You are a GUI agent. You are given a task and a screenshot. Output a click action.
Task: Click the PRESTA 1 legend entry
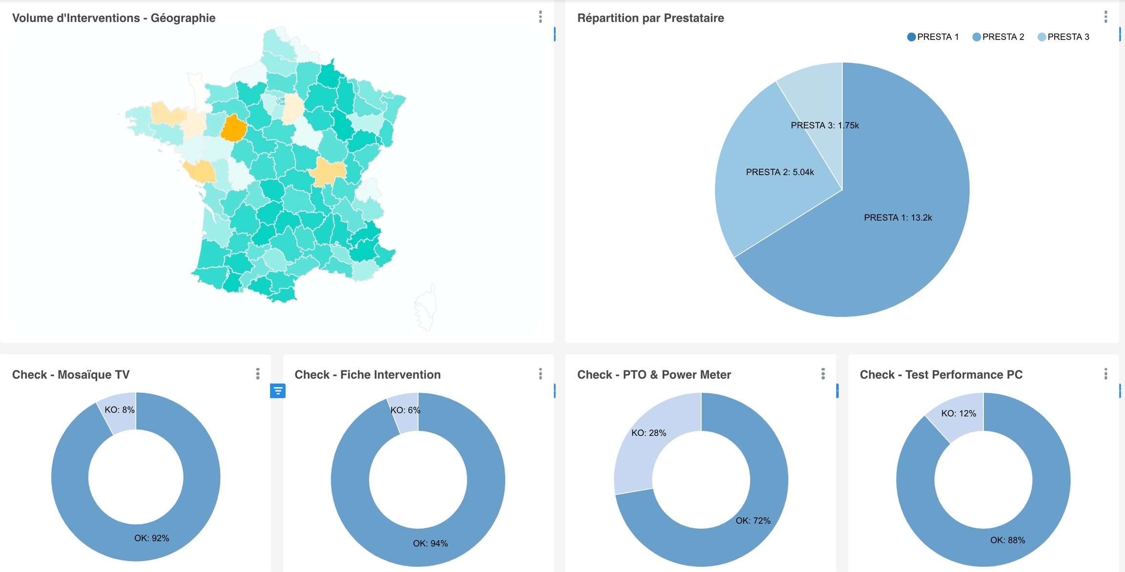click(x=933, y=37)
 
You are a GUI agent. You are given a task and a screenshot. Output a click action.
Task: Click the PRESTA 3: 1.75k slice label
click(x=825, y=125)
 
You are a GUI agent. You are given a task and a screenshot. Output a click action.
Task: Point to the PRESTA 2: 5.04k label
click(x=780, y=172)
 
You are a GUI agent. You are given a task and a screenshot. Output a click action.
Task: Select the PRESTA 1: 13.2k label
click(x=898, y=218)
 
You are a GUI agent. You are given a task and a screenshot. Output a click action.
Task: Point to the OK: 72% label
click(x=753, y=521)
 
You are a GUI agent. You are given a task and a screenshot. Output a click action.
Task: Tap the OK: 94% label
click(x=430, y=544)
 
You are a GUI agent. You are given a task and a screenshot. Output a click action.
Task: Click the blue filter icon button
click(x=278, y=390)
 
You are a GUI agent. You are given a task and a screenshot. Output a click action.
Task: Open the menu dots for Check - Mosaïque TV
click(x=258, y=374)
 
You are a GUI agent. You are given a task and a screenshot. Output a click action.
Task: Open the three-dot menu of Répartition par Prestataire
click(x=1105, y=17)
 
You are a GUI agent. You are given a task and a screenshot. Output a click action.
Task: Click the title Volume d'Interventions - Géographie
click(x=114, y=18)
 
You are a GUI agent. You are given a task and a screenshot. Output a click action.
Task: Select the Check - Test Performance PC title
click(x=941, y=375)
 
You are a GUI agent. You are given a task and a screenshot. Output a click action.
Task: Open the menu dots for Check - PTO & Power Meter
click(x=823, y=374)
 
